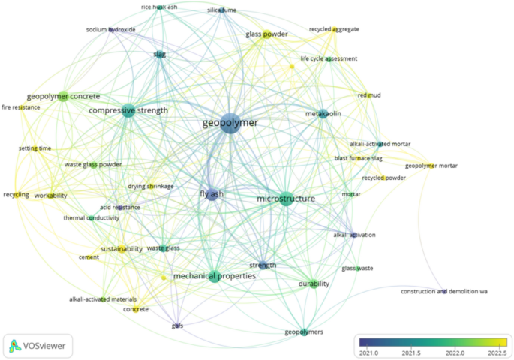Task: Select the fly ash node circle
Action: click(212, 194)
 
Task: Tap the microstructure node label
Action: click(285, 199)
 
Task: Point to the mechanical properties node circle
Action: click(215, 276)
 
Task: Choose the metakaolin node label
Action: click(322, 114)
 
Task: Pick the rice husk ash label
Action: click(159, 7)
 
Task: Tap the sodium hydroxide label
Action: click(110, 30)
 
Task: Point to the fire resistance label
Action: click(21, 107)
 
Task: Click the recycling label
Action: click(16, 195)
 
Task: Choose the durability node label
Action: click(314, 284)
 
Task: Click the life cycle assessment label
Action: click(329, 58)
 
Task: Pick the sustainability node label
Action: click(121, 249)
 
